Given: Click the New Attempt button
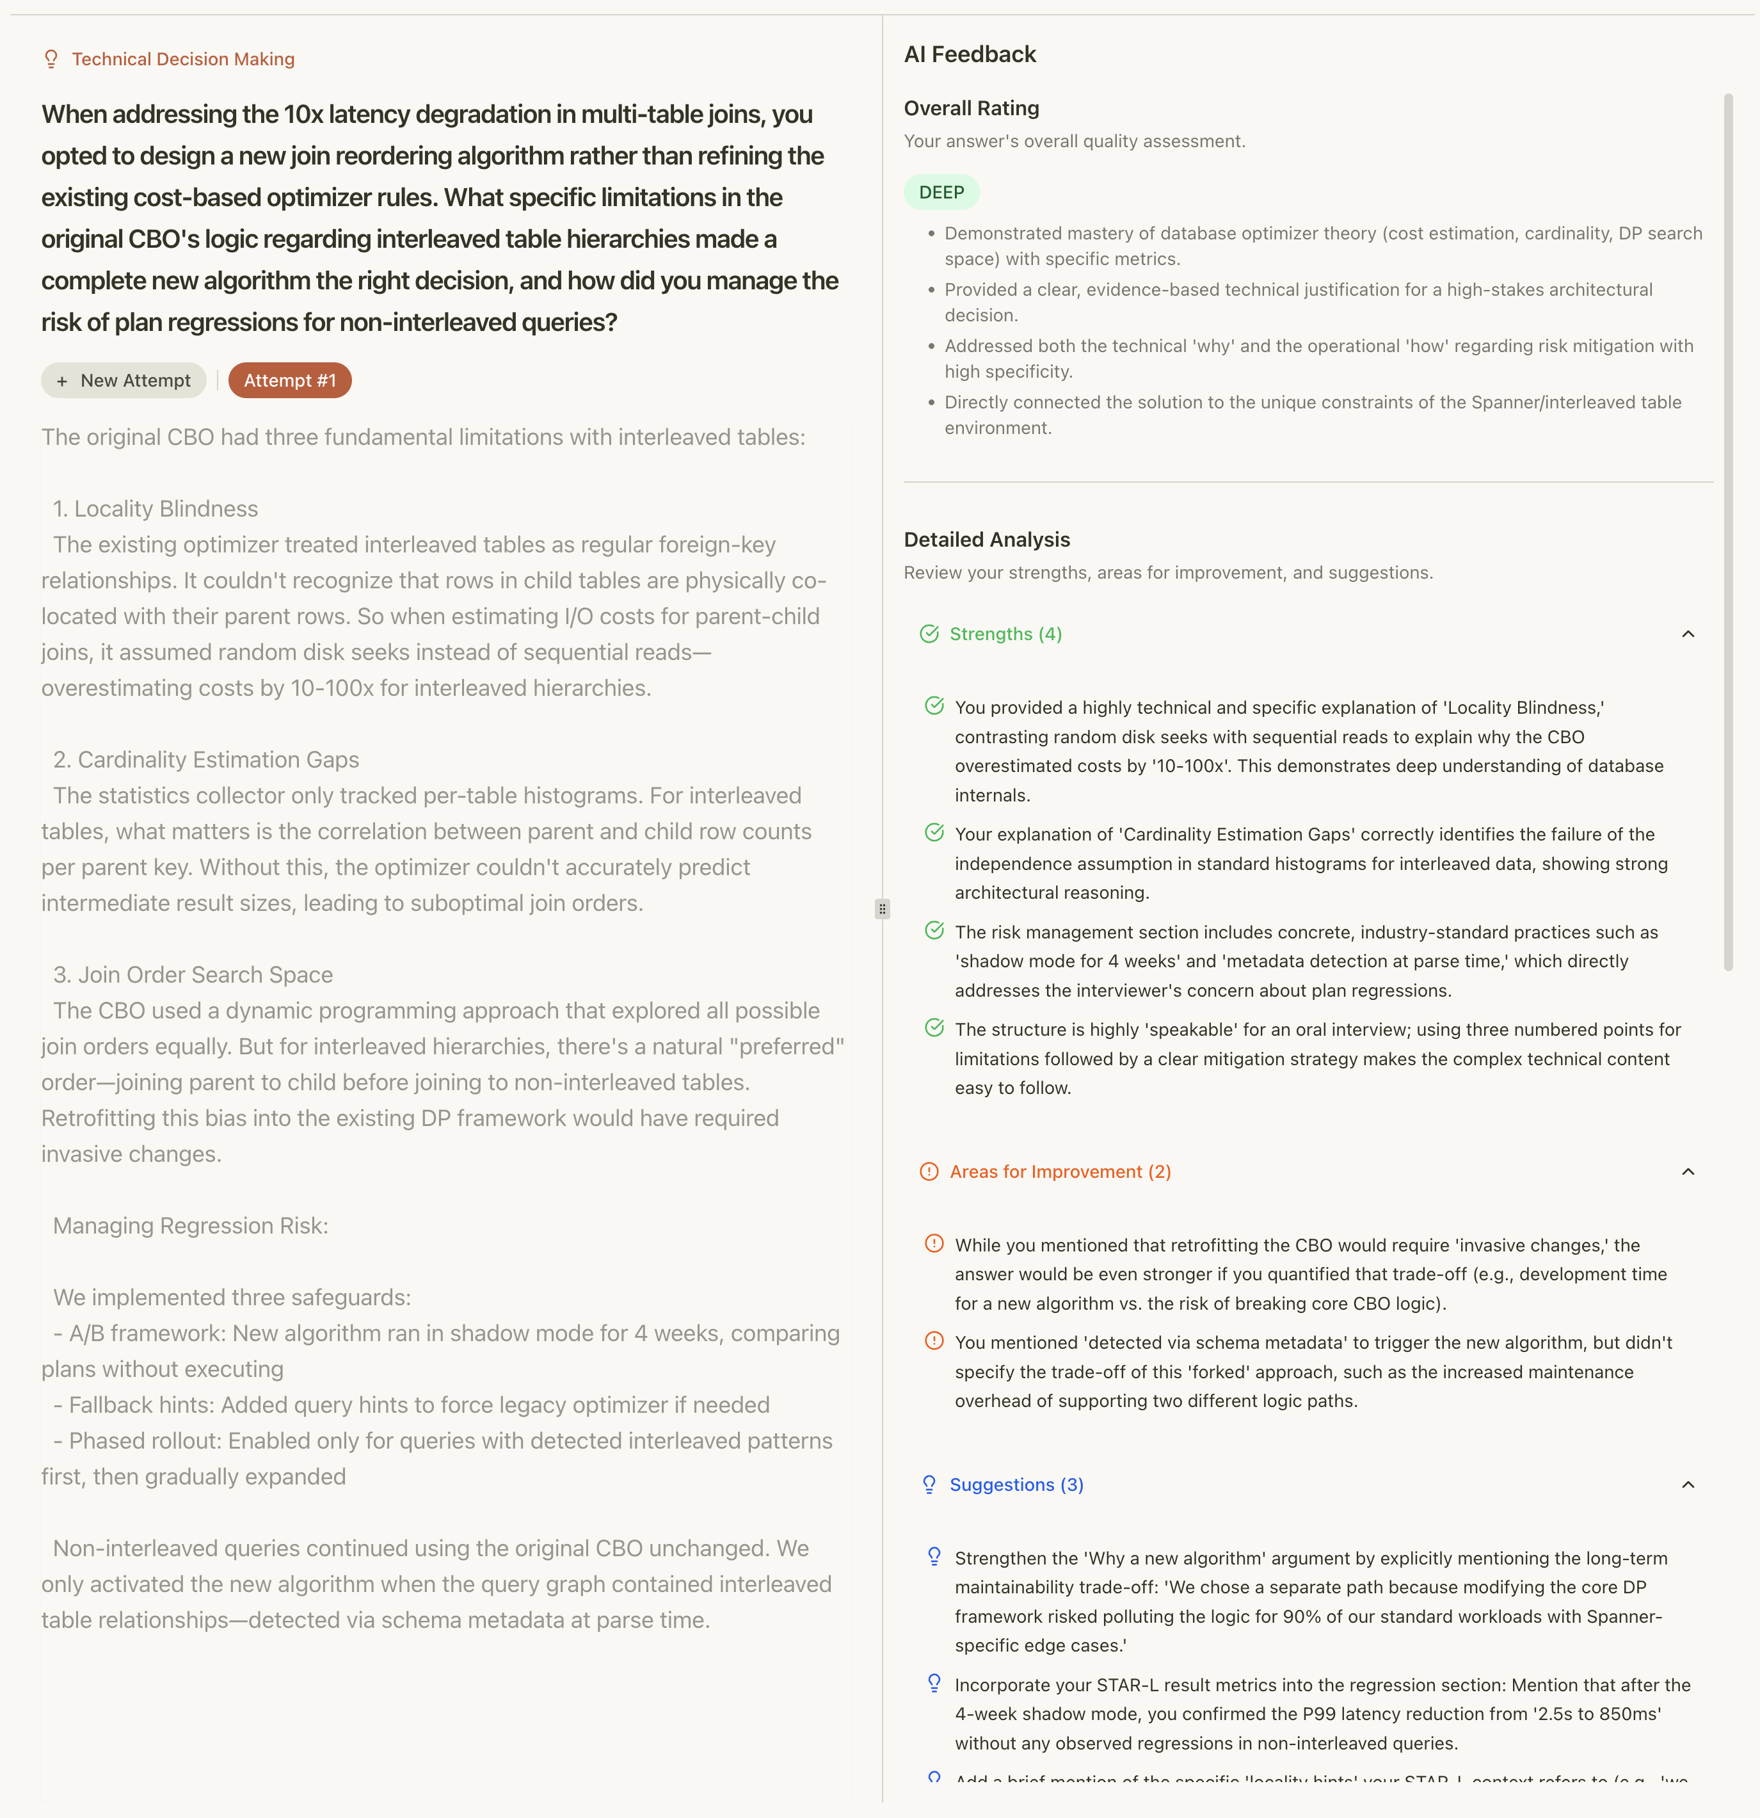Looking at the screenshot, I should (124, 380).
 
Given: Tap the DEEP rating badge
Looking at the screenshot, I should (941, 192).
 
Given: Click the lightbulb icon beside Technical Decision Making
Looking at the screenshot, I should (52, 60).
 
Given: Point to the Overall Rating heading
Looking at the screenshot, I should (971, 109).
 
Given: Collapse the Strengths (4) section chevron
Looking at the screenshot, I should (1688, 634).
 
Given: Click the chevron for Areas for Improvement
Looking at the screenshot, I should (1688, 1171).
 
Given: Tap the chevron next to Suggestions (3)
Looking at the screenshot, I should (1688, 1485).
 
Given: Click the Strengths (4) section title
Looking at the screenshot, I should (1005, 634).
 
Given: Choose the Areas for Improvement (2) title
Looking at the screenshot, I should (1060, 1171).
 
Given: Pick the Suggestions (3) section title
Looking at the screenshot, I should (1016, 1485).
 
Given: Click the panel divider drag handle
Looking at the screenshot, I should (882, 909).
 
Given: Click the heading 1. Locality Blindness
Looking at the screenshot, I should (155, 509).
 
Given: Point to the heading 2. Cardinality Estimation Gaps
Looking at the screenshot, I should (206, 760).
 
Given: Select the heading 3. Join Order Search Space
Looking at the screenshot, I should (193, 975).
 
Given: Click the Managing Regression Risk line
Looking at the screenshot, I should (190, 1227).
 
